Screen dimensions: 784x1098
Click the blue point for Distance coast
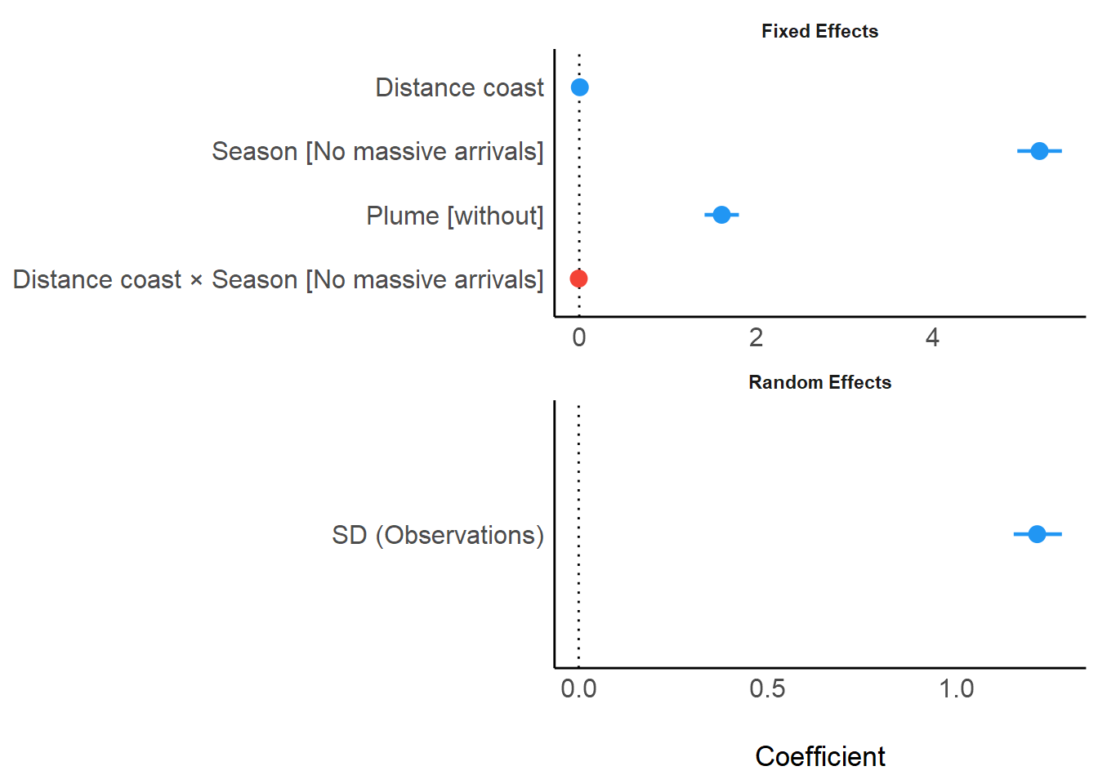tap(579, 87)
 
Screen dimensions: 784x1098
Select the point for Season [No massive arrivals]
tap(1039, 151)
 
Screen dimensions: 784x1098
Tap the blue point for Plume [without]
tap(721, 215)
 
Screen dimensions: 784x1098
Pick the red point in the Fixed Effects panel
tap(578, 278)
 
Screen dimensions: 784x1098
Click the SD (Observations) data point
tap(1037, 534)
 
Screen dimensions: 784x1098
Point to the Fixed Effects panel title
tap(819, 31)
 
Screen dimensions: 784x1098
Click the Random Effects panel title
tap(819, 382)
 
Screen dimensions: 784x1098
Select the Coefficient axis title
tap(819, 756)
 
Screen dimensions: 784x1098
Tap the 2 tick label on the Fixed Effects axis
tap(756, 337)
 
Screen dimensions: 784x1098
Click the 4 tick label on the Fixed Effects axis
tap(932, 337)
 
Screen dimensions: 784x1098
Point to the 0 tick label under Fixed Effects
tap(579, 337)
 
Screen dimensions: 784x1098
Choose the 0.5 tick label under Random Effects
tap(767, 688)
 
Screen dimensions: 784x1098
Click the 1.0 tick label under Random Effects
tap(956, 688)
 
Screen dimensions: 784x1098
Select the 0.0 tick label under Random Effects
tap(578, 688)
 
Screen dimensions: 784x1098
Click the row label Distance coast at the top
tap(459, 87)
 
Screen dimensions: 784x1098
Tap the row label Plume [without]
tap(454, 216)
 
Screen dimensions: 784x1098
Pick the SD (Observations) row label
tap(438, 535)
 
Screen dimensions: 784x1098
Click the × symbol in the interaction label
tap(196, 280)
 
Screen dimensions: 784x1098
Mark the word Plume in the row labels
tap(403, 216)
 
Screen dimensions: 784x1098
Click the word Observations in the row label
tap(460, 535)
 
